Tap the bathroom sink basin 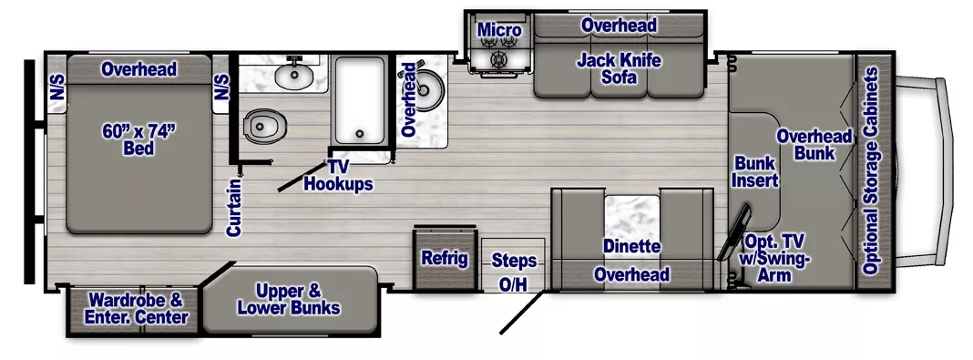(x=294, y=74)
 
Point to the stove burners (x=498, y=58)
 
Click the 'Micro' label (x=499, y=31)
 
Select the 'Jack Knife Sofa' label (x=619, y=69)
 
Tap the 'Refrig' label (x=444, y=258)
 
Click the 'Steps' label (x=514, y=261)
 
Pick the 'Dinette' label (x=631, y=246)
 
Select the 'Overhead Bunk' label (x=814, y=145)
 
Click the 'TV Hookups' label (x=338, y=175)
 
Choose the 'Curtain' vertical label (x=234, y=209)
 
